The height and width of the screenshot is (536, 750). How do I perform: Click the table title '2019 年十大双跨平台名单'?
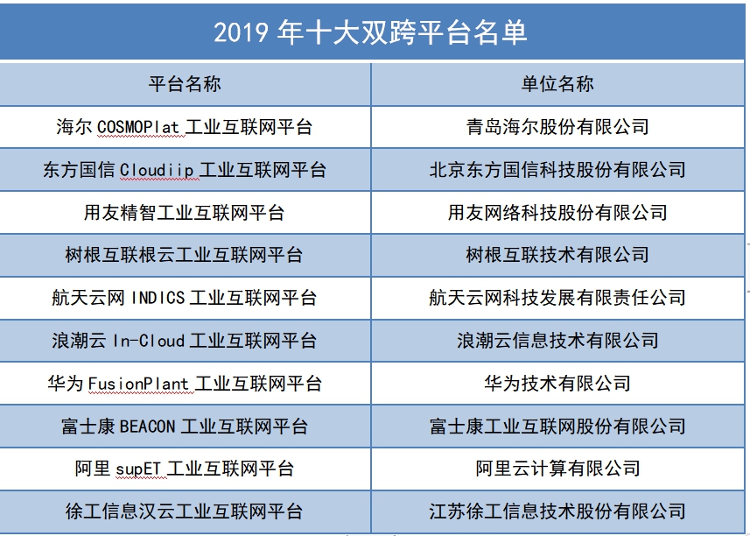coord(370,32)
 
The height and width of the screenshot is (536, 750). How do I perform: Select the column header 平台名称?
coord(185,84)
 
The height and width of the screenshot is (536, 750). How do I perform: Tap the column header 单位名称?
coord(557,84)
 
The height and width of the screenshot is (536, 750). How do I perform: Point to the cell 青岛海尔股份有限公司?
coord(557,127)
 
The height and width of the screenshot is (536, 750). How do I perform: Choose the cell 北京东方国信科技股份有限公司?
coord(557,169)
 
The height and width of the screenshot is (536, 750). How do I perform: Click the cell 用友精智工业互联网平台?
coord(185,213)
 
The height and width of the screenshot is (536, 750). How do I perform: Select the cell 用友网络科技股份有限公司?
coord(557,213)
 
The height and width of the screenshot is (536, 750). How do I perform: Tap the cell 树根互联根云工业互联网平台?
coord(184,255)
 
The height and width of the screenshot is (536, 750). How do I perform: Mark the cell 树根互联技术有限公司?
coord(557,255)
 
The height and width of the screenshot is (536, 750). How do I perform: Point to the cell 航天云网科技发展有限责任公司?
coord(557,298)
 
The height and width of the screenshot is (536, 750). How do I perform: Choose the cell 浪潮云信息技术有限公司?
coord(557,341)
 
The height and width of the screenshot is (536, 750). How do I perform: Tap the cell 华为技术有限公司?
coord(557,383)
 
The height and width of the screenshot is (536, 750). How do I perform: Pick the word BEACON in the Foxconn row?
coord(147,427)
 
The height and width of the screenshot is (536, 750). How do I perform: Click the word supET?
coord(138,469)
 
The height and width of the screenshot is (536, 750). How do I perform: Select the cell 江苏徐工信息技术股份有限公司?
coord(557,511)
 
